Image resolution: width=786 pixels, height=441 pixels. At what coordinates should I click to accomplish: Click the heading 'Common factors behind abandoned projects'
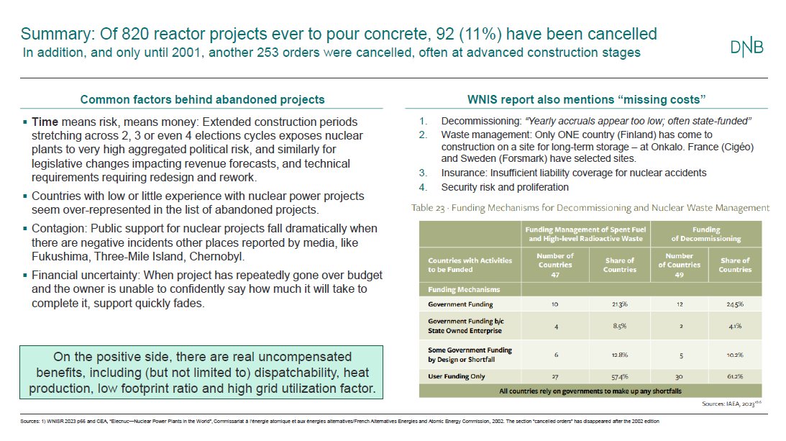click(202, 99)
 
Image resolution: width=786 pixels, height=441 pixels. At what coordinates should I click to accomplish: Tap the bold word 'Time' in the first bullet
click(45, 122)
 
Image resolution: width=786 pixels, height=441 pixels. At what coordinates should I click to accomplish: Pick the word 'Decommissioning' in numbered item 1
click(477, 121)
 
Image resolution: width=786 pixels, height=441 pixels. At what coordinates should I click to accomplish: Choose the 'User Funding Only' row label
click(457, 376)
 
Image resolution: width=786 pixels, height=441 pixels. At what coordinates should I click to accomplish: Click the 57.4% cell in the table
click(620, 376)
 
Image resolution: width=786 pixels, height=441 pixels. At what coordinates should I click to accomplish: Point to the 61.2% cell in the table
click(734, 376)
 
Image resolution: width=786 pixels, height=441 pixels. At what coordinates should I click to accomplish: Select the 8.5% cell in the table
click(620, 326)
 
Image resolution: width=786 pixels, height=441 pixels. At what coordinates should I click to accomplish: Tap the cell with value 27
click(556, 376)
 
